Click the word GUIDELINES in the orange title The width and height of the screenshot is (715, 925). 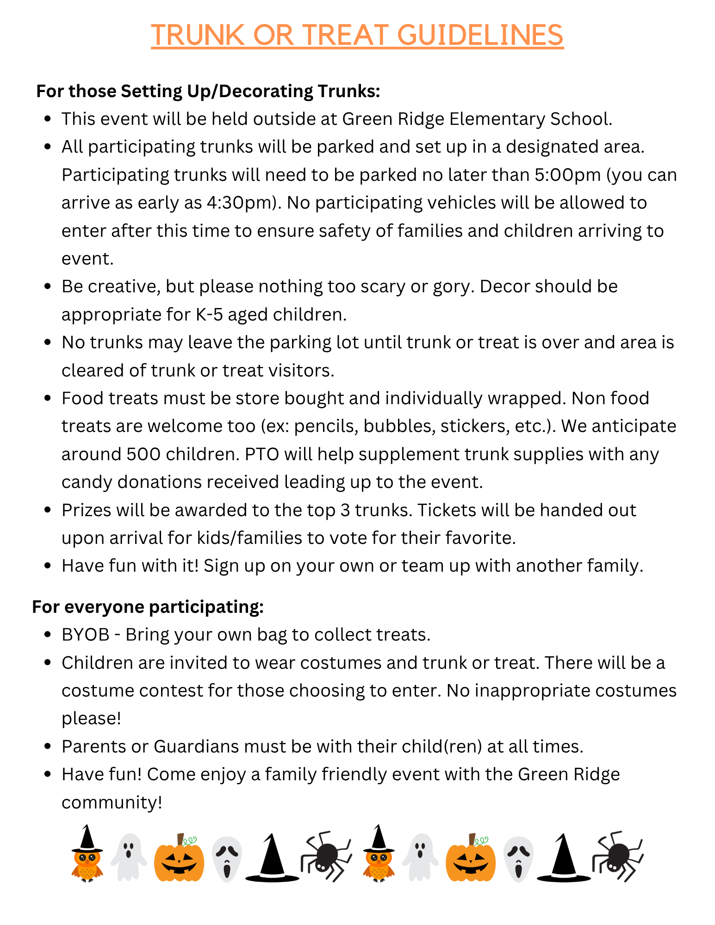480,35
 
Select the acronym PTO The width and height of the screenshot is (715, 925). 261,454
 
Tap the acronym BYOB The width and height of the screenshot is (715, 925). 86,635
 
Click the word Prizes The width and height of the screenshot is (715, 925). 86,510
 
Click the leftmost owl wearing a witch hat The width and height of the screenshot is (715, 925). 87,854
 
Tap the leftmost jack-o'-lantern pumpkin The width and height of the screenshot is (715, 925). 179,858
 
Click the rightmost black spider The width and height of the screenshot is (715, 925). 618,856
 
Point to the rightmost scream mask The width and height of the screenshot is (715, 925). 518,858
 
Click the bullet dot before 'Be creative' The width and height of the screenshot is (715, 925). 47,287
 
